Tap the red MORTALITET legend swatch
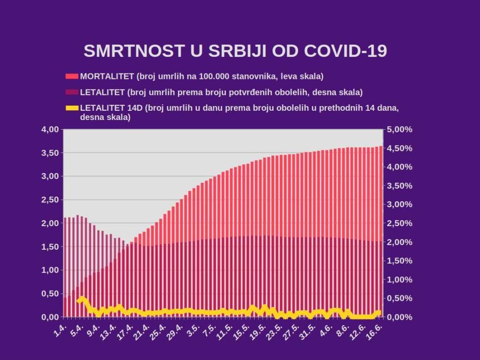tap(72, 76)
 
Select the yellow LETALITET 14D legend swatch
tap(72, 108)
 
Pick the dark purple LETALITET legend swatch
tap(72, 92)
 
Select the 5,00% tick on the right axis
tap(400, 129)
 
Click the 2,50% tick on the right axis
tap(400, 223)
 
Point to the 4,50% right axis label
tap(400, 148)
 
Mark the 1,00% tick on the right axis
tap(400, 280)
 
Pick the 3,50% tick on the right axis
tap(400, 186)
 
